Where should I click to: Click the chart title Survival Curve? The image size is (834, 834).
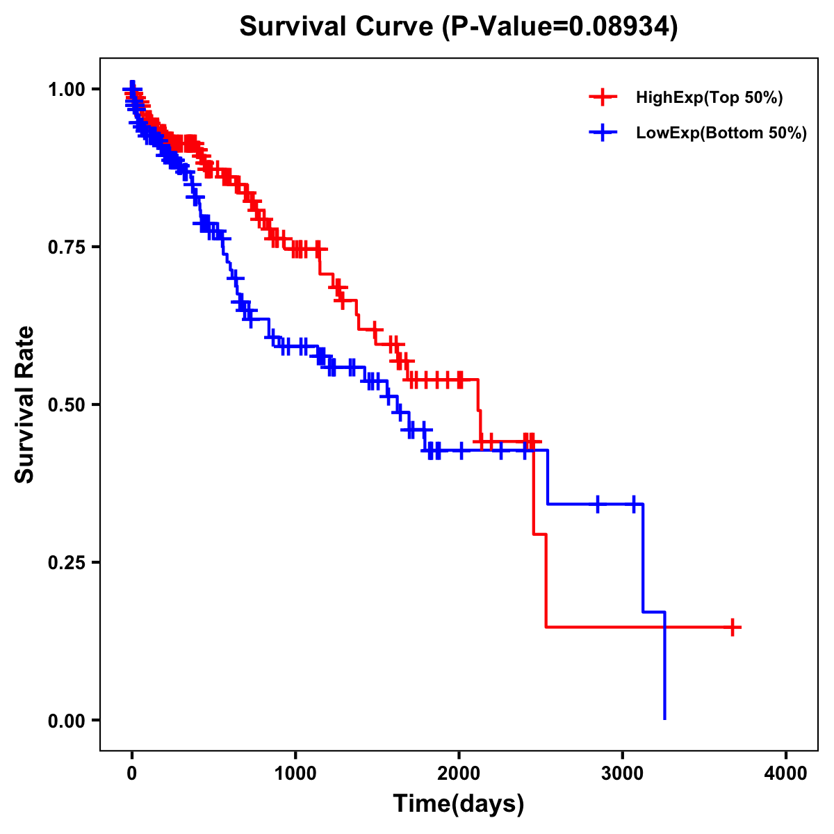click(336, 26)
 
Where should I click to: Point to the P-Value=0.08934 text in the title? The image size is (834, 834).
click(561, 26)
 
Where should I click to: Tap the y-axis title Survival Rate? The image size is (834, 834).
click(25, 404)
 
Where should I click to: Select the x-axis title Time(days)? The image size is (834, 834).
click(459, 803)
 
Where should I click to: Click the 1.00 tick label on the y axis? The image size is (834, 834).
click(65, 90)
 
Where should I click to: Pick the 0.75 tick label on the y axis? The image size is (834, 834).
click(65, 247)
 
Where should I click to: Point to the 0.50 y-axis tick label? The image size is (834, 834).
click(65, 404)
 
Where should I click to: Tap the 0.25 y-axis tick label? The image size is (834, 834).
click(65, 562)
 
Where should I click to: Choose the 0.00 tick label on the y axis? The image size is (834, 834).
click(65, 720)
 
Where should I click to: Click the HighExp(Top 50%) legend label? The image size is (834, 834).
click(709, 98)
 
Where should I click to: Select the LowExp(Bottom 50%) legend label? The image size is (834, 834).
click(721, 133)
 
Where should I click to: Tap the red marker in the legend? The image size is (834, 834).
click(603, 98)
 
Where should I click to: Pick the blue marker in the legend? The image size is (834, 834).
click(603, 133)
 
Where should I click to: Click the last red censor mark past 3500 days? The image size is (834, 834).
click(732, 627)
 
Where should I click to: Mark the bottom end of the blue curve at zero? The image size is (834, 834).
click(665, 718)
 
